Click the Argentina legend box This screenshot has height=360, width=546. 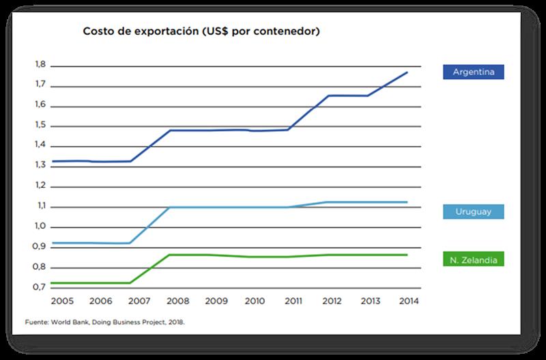click(x=473, y=71)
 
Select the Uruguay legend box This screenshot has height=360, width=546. click(x=473, y=212)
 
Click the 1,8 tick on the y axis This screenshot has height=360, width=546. click(x=40, y=65)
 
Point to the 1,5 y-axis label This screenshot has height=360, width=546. click(x=40, y=126)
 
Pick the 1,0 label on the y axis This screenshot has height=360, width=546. click(x=40, y=226)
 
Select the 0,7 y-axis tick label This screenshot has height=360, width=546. click(x=40, y=287)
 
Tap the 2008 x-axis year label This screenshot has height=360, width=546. click(x=177, y=301)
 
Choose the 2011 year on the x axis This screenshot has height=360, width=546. click(x=294, y=301)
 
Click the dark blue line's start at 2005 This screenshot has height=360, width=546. click(x=52, y=161)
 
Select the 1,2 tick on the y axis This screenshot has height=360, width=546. click(x=40, y=186)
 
